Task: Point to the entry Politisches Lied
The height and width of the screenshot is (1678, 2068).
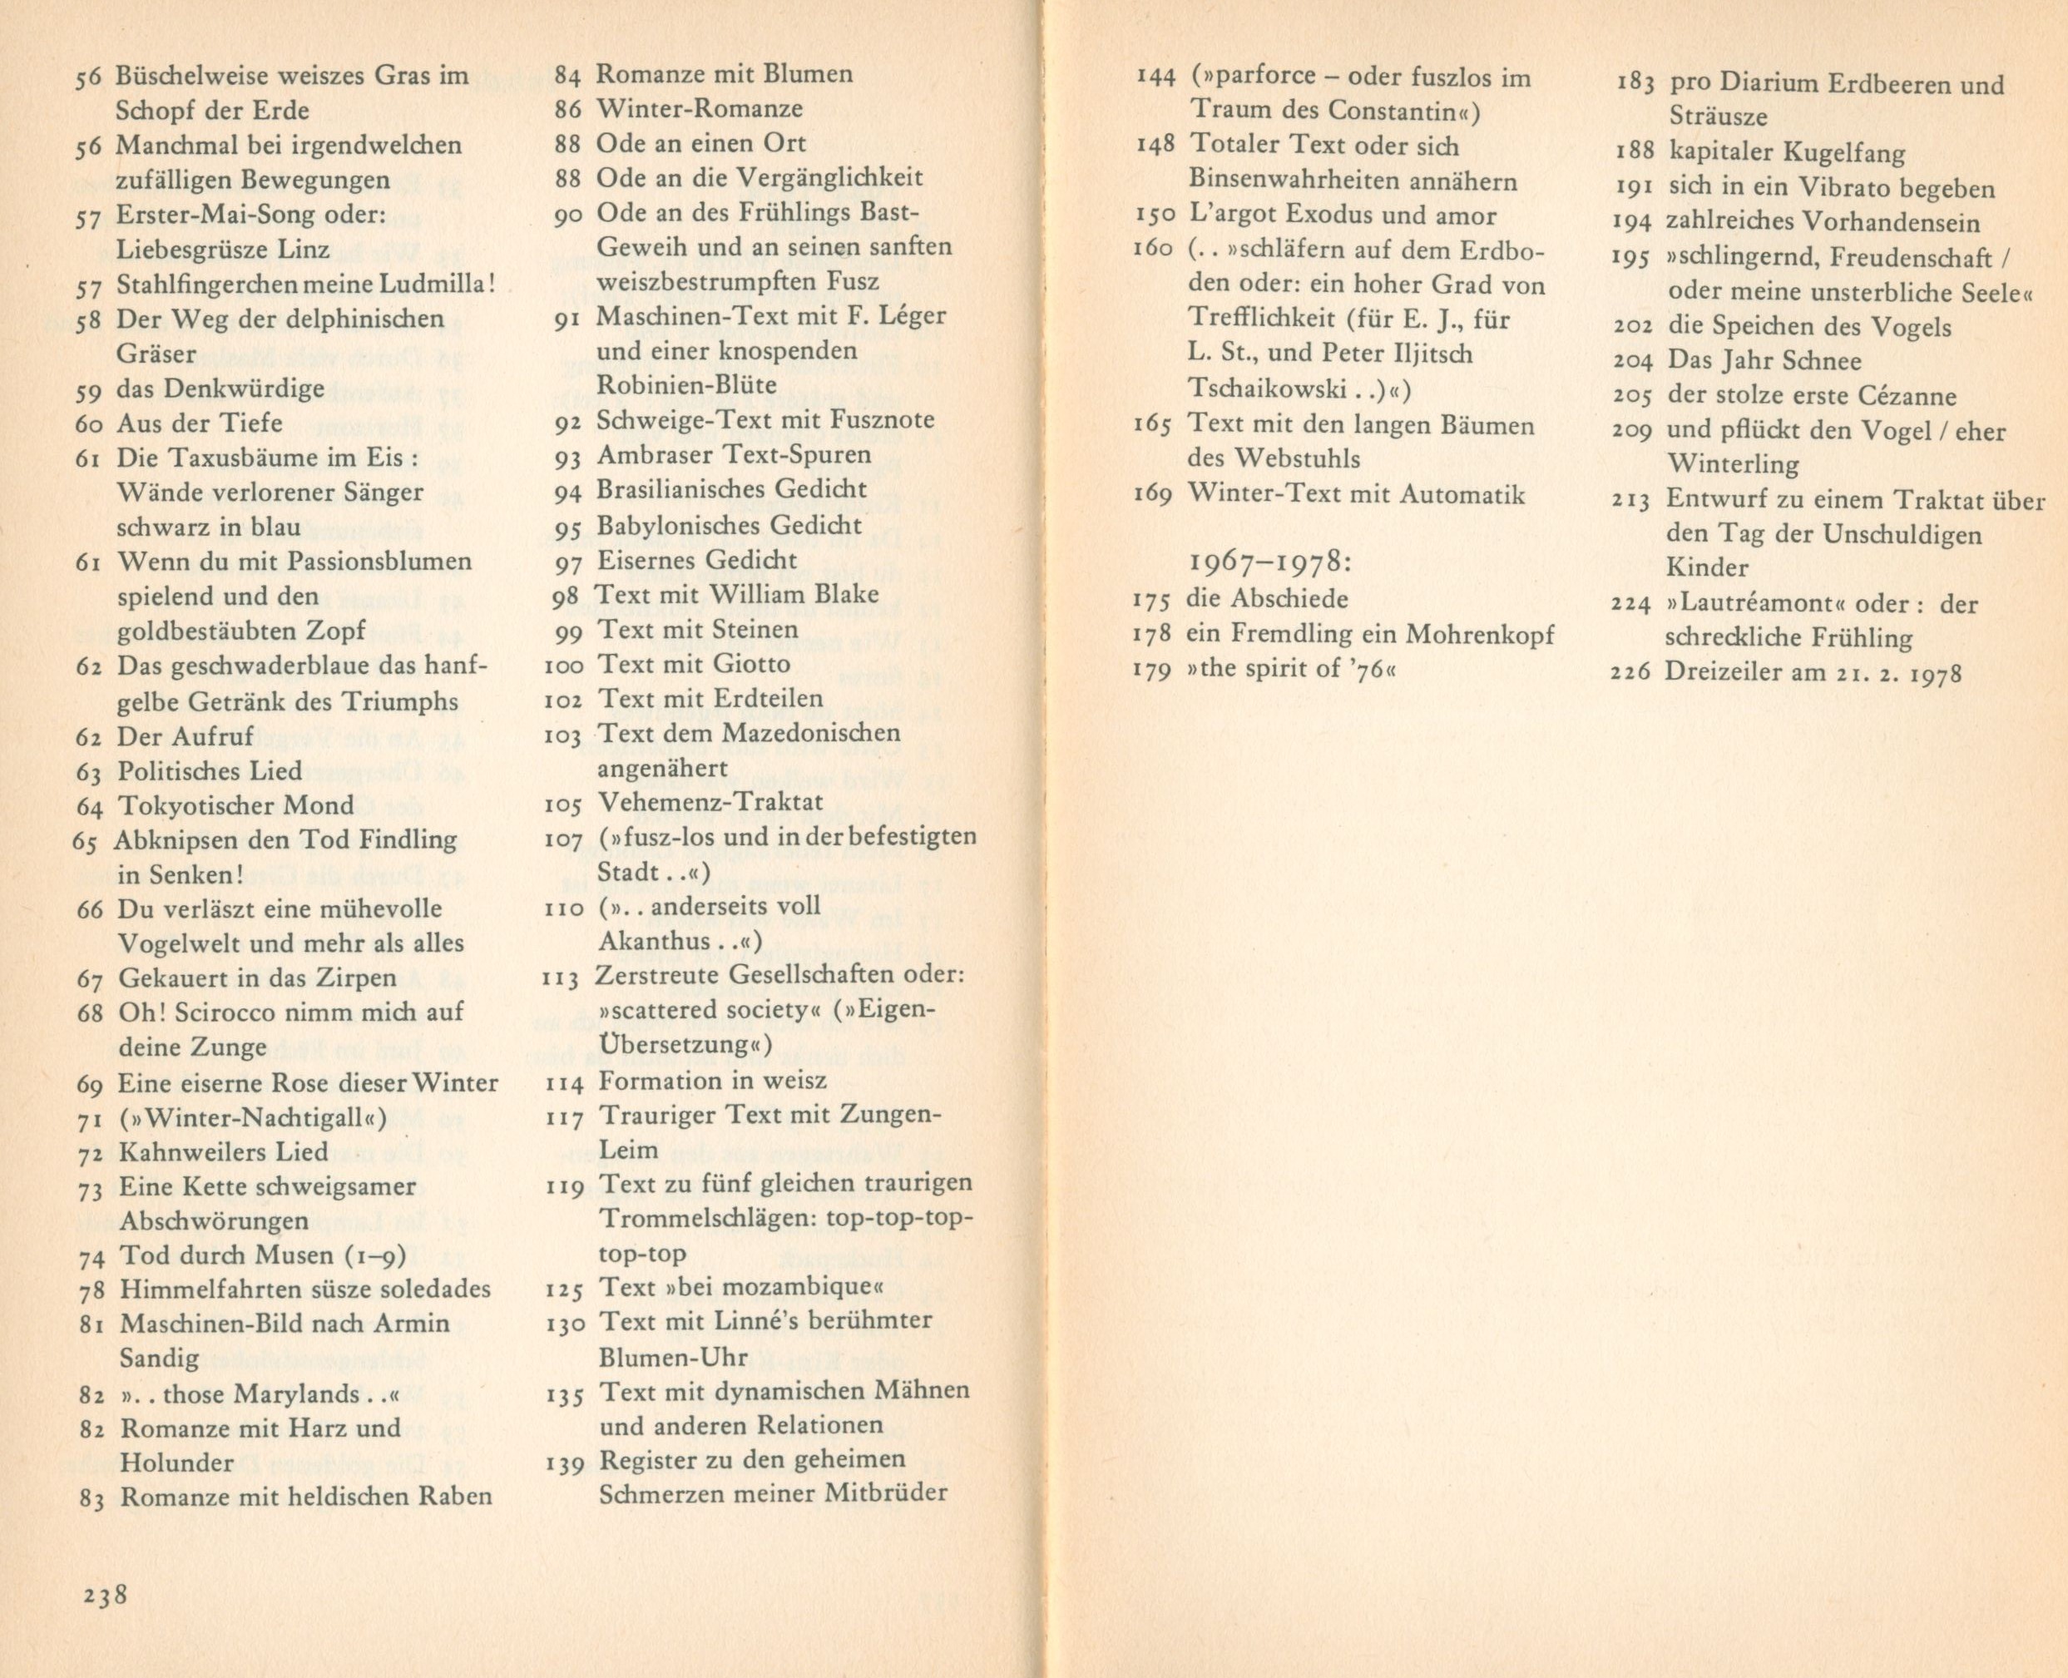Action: (x=209, y=770)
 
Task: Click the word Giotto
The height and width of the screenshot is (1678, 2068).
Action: (x=753, y=664)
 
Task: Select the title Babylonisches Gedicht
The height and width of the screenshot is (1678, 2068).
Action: (x=729, y=525)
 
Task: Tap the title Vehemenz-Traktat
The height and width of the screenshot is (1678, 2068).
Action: (x=710, y=801)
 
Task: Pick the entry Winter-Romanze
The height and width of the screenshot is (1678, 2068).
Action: (x=699, y=108)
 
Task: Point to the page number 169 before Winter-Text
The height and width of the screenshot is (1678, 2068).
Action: (x=1152, y=495)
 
